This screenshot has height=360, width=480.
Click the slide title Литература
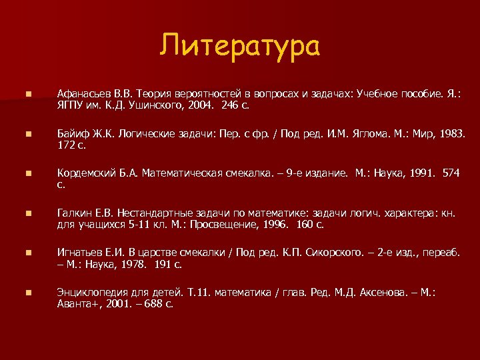[x=240, y=47]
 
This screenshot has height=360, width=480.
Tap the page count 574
[x=451, y=173]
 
